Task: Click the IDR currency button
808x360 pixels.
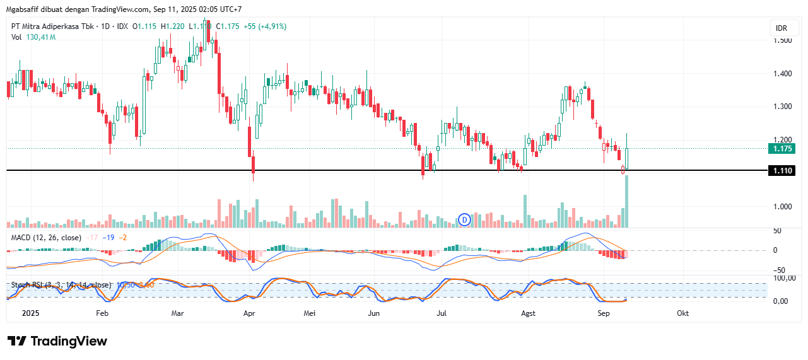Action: (781, 29)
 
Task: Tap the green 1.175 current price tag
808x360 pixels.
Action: (781, 149)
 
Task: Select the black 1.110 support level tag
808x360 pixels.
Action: (781, 170)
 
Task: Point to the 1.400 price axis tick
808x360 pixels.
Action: (782, 74)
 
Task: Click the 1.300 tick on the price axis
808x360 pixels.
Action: (782, 107)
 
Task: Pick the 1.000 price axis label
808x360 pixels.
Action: (782, 206)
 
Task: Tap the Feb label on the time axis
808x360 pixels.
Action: (102, 313)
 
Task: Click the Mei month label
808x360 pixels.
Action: (308, 313)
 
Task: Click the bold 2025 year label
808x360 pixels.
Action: (30, 313)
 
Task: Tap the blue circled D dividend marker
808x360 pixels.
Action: (465, 219)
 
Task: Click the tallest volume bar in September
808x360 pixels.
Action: (626, 201)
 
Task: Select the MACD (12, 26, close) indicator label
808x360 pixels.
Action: (46, 237)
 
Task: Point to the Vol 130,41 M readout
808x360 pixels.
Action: (33, 37)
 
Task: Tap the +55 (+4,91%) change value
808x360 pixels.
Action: (266, 26)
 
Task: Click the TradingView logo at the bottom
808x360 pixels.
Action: (57, 341)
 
